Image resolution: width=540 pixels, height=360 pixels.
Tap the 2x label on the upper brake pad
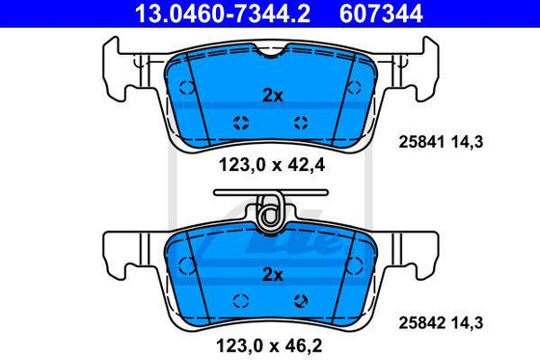272,95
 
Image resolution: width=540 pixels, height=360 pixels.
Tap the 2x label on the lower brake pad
272,275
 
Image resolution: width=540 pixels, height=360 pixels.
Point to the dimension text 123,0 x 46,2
271,344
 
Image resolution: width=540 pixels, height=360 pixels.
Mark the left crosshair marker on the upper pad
241,121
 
